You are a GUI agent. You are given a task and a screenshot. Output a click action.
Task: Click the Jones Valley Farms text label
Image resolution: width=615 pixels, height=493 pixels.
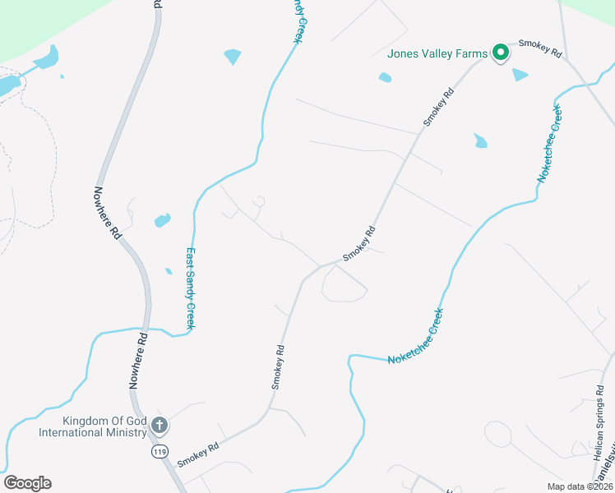[437, 54]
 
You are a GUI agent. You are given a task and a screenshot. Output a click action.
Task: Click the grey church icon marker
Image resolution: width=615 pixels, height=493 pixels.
[160, 426]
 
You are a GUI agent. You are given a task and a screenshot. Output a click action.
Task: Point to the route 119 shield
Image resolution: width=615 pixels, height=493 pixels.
[160, 451]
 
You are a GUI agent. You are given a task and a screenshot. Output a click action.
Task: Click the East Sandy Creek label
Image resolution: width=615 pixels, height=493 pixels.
[189, 288]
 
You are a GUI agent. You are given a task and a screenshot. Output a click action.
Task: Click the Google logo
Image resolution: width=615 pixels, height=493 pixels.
[27, 483]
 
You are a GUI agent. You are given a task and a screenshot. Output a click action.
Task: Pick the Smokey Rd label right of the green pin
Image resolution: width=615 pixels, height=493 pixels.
[539, 48]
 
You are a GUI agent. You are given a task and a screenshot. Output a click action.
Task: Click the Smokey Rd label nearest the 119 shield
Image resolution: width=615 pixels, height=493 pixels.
[197, 451]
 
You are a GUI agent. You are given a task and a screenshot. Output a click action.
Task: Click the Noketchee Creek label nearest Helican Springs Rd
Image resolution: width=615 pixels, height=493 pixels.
[415, 336]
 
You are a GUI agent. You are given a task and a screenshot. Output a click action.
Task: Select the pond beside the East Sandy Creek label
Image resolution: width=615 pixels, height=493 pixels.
[162, 220]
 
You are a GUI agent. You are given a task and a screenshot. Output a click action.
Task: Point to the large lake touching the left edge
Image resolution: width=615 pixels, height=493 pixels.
[8, 85]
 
